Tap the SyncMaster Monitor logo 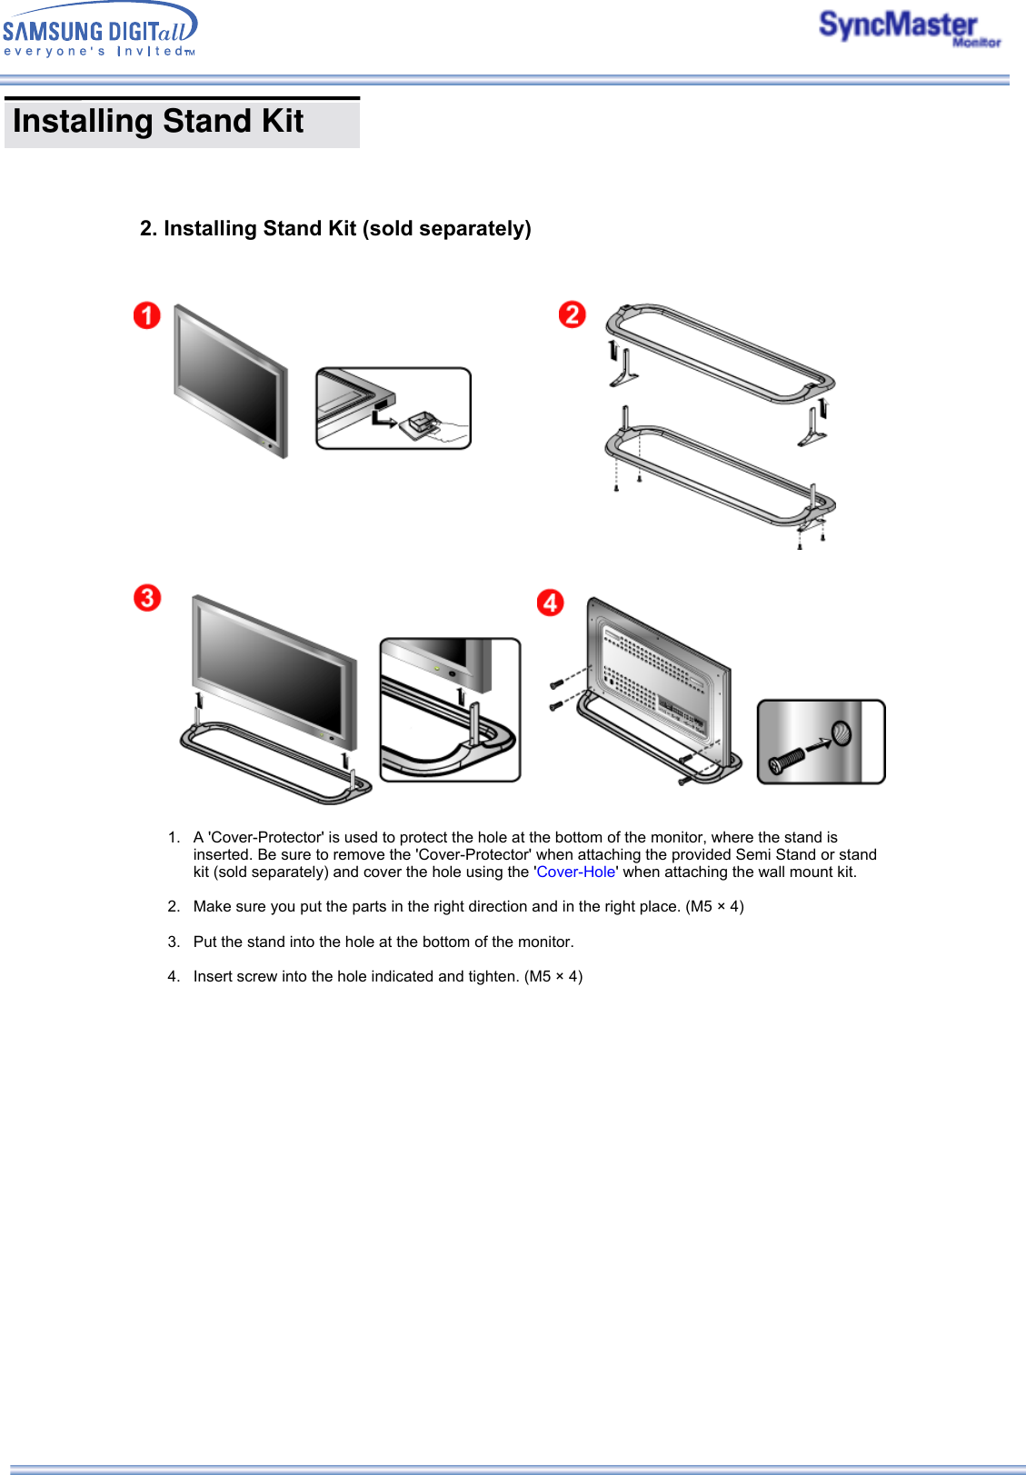coord(908,27)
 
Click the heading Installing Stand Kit coord(158,121)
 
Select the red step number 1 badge coord(146,315)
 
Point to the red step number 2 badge coord(572,314)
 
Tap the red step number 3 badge coord(146,598)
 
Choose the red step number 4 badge coord(550,602)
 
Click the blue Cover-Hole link coord(575,872)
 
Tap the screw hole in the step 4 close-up coord(842,733)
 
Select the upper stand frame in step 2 coord(718,351)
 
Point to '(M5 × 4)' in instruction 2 coord(714,906)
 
